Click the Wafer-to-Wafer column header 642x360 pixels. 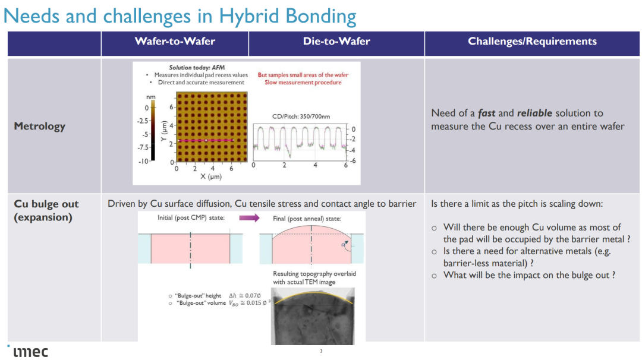[x=175, y=42]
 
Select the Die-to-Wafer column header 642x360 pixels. [x=336, y=42]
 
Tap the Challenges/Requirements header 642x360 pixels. [x=532, y=42]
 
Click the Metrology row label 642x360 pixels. [x=40, y=126]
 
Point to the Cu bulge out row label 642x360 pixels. [x=46, y=210]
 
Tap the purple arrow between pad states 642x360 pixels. [x=249, y=217]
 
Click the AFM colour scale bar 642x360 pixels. [x=153, y=131]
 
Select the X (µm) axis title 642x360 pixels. [x=211, y=176]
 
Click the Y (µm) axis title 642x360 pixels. [x=164, y=131]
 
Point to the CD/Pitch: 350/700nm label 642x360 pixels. [x=301, y=116]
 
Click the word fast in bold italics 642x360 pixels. [x=486, y=113]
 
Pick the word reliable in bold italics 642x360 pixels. [x=534, y=113]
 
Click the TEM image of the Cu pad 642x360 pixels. [x=313, y=316]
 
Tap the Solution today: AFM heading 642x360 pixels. [x=197, y=68]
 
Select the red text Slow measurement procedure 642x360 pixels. [x=303, y=83]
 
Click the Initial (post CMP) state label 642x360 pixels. [x=191, y=217]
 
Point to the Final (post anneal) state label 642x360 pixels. [x=307, y=219]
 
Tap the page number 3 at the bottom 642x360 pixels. [x=322, y=351]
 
